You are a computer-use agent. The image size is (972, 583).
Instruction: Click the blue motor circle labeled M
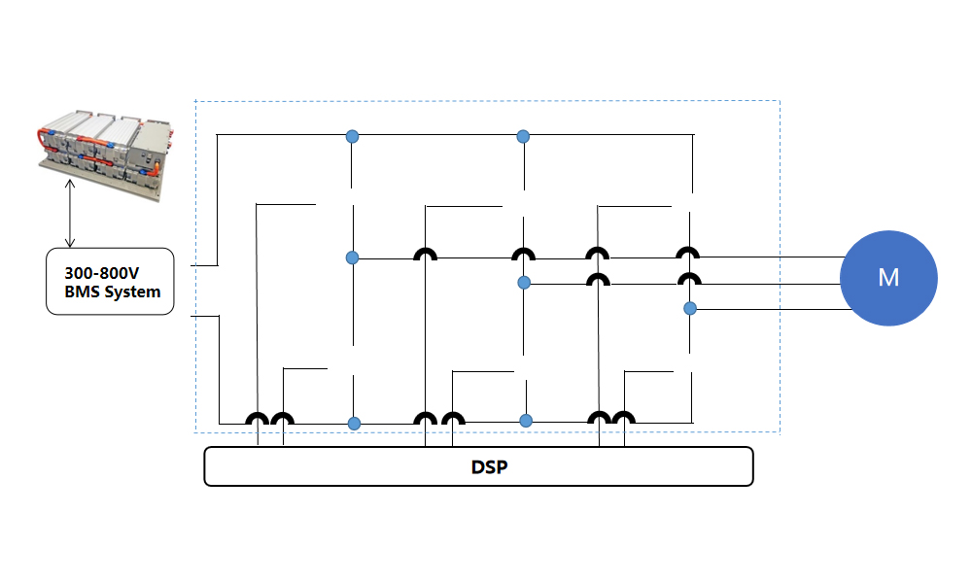pos(888,278)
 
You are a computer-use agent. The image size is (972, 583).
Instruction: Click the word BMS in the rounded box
pos(83,291)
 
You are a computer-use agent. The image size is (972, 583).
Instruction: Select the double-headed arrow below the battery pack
pos(69,212)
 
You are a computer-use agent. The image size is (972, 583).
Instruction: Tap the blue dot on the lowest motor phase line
pos(690,308)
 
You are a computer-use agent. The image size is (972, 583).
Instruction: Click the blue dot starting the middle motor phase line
pos(524,283)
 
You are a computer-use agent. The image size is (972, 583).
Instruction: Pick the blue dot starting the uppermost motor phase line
pos(353,257)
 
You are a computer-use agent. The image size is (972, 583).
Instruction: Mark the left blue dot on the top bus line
pos(353,136)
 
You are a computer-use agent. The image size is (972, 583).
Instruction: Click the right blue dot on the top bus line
pos(523,136)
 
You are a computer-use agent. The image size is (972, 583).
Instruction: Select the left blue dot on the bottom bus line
pos(354,423)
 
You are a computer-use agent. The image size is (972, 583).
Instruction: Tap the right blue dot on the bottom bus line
pos(526,421)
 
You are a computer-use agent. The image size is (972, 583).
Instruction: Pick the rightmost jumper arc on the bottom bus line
pos(624,419)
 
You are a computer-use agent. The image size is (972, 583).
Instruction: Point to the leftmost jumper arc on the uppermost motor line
pos(426,255)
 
